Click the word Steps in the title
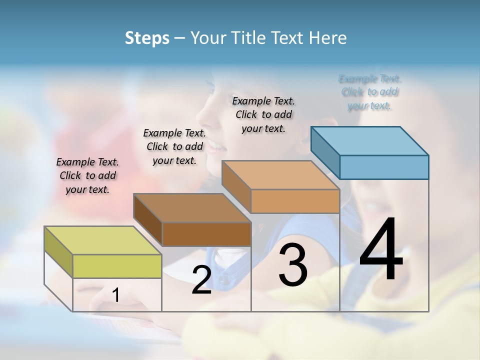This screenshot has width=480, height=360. click(147, 38)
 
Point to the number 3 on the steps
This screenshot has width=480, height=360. click(293, 264)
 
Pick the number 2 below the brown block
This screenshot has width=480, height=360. click(201, 280)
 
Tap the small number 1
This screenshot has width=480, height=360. click(115, 295)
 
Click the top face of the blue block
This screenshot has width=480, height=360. click(370, 140)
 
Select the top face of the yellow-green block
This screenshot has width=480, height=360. click(103, 240)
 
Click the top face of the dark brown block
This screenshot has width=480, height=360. click(192, 207)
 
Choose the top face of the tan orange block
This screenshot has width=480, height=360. click(280, 175)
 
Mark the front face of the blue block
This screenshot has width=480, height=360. click(384, 167)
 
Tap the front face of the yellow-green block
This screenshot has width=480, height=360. click(117, 266)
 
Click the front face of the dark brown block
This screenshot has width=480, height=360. click(206, 234)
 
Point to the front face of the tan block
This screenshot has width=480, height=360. click(295, 201)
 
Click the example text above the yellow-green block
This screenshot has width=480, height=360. click(87, 175)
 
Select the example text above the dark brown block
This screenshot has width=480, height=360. click(174, 146)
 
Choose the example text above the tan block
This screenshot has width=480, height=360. click(263, 114)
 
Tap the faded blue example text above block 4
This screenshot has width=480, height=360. click(370, 92)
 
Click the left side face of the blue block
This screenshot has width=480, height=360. click(325, 152)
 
